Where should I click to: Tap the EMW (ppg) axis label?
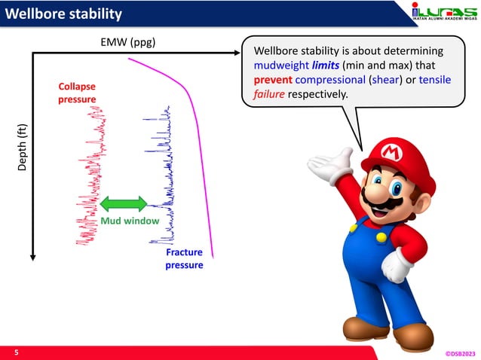click(x=127, y=41)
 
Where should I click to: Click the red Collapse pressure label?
click(x=77, y=93)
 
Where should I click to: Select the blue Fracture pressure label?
click(x=184, y=259)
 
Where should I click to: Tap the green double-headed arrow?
click(x=124, y=203)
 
